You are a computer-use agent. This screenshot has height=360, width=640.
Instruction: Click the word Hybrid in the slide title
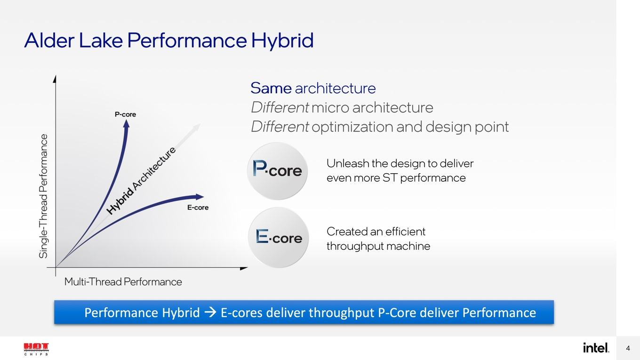(282, 40)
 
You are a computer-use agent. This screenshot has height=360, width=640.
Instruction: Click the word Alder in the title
(49, 40)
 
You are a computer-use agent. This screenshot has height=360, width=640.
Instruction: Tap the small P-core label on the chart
(125, 114)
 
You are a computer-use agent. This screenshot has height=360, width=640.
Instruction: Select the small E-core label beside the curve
(198, 208)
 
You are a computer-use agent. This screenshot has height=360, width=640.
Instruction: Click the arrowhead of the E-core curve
(200, 197)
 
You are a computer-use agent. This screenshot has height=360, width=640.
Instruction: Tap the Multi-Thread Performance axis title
(123, 282)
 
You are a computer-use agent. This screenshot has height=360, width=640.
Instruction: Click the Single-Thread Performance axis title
(43, 196)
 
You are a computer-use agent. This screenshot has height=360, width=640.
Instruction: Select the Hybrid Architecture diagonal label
(141, 181)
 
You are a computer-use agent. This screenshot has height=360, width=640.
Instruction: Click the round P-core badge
(277, 171)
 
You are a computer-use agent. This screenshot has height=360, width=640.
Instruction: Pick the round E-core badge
(278, 238)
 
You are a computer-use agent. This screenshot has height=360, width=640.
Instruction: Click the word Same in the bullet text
(271, 88)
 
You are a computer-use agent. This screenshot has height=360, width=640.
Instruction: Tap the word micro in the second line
(330, 108)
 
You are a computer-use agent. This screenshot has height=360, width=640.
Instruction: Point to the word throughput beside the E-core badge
(354, 246)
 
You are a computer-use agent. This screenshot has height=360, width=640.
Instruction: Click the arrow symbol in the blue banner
(210, 312)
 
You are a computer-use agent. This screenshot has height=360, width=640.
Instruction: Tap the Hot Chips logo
(36, 349)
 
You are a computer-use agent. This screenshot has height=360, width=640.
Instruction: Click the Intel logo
(596, 347)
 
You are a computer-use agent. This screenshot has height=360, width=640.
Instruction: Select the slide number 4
(628, 348)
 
